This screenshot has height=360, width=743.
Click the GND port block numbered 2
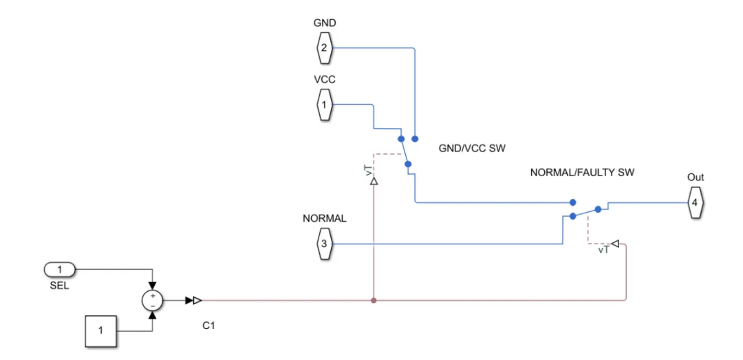324,48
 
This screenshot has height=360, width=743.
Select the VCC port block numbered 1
324,105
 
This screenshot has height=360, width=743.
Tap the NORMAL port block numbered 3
324,244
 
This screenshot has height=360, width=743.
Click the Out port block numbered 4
695,202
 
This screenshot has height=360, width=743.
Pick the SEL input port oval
60,269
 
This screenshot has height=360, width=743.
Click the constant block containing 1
100,331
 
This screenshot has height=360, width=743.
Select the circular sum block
153,300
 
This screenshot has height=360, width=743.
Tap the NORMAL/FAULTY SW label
582,173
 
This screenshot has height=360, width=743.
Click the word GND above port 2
324,23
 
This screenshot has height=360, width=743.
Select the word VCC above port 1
324,79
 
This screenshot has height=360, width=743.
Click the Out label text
695,178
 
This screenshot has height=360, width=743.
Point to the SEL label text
60,286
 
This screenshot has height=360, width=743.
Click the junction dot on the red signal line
374,300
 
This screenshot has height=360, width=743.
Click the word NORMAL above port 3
324,219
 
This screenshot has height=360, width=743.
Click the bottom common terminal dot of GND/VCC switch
408,164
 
